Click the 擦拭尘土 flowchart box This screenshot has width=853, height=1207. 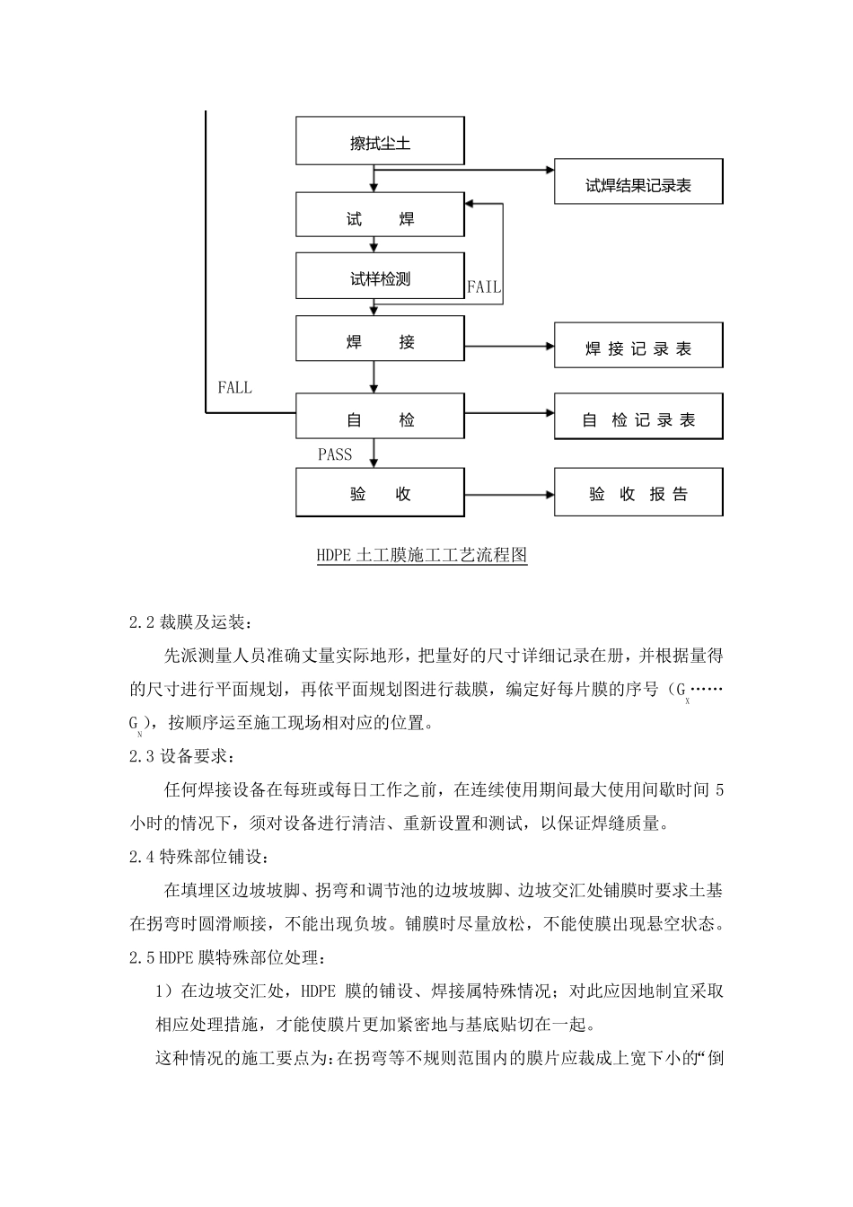point(380,141)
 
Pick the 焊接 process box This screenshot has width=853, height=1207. point(380,339)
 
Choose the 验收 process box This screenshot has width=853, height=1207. point(380,492)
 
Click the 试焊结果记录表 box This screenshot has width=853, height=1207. point(638,182)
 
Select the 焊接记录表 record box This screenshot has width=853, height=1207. point(638,347)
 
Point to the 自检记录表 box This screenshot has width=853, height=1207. point(638,417)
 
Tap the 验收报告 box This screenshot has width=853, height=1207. point(638,492)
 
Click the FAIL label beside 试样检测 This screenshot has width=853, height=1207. point(484,287)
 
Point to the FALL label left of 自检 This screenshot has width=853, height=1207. point(234,388)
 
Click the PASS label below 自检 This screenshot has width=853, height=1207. point(335,454)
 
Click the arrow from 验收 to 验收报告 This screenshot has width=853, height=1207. point(509,493)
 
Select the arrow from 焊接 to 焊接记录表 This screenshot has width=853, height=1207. point(509,346)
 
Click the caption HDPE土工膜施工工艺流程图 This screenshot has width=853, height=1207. point(421,556)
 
